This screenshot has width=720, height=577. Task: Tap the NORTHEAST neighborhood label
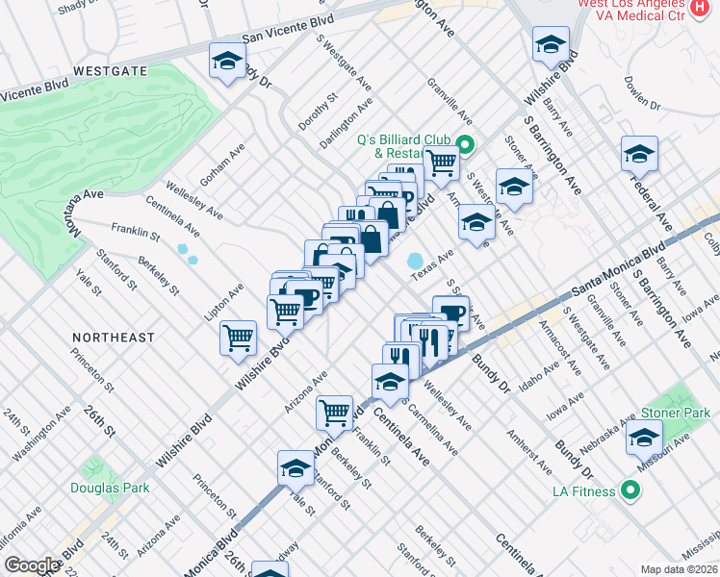[x=114, y=338]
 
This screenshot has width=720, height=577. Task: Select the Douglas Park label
[x=110, y=488]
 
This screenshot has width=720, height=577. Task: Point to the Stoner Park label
[x=675, y=413]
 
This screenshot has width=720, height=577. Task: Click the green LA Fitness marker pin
[x=630, y=491]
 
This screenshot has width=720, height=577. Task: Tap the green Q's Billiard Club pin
[x=465, y=146]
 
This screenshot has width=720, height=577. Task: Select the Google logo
[x=31, y=565]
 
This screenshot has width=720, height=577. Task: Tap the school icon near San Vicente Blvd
[x=226, y=63]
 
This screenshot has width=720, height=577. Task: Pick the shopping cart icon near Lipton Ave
[x=238, y=338]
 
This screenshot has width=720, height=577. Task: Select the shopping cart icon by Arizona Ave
[x=334, y=412]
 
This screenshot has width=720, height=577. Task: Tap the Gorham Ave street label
[x=222, y=164]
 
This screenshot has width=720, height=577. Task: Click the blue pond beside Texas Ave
[x=416, y=261]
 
